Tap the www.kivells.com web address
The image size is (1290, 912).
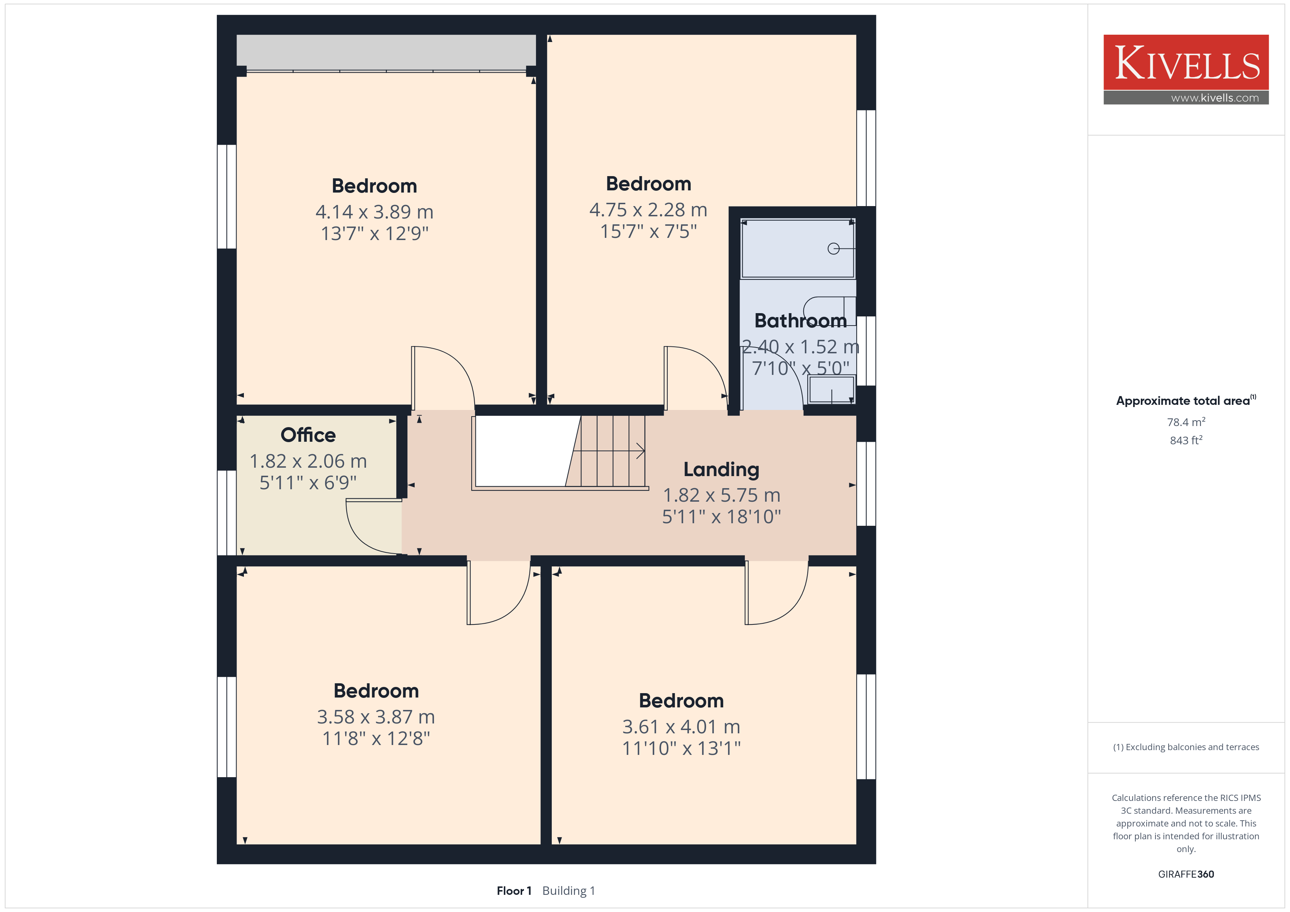[x=1215, y=98]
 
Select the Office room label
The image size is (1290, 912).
[x=308, y=435]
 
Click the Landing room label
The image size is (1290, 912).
[x=721, y=470]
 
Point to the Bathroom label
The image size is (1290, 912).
[x=801, y=321]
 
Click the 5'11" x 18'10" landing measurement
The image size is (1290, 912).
[x=721, y=517]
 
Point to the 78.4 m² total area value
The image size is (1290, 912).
[x=1186, y=422]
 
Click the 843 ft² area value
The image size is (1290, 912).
[x=1186, y=440]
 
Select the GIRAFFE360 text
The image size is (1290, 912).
[x=1186, y=874]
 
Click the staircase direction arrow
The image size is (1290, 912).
[x=612, y=451]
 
